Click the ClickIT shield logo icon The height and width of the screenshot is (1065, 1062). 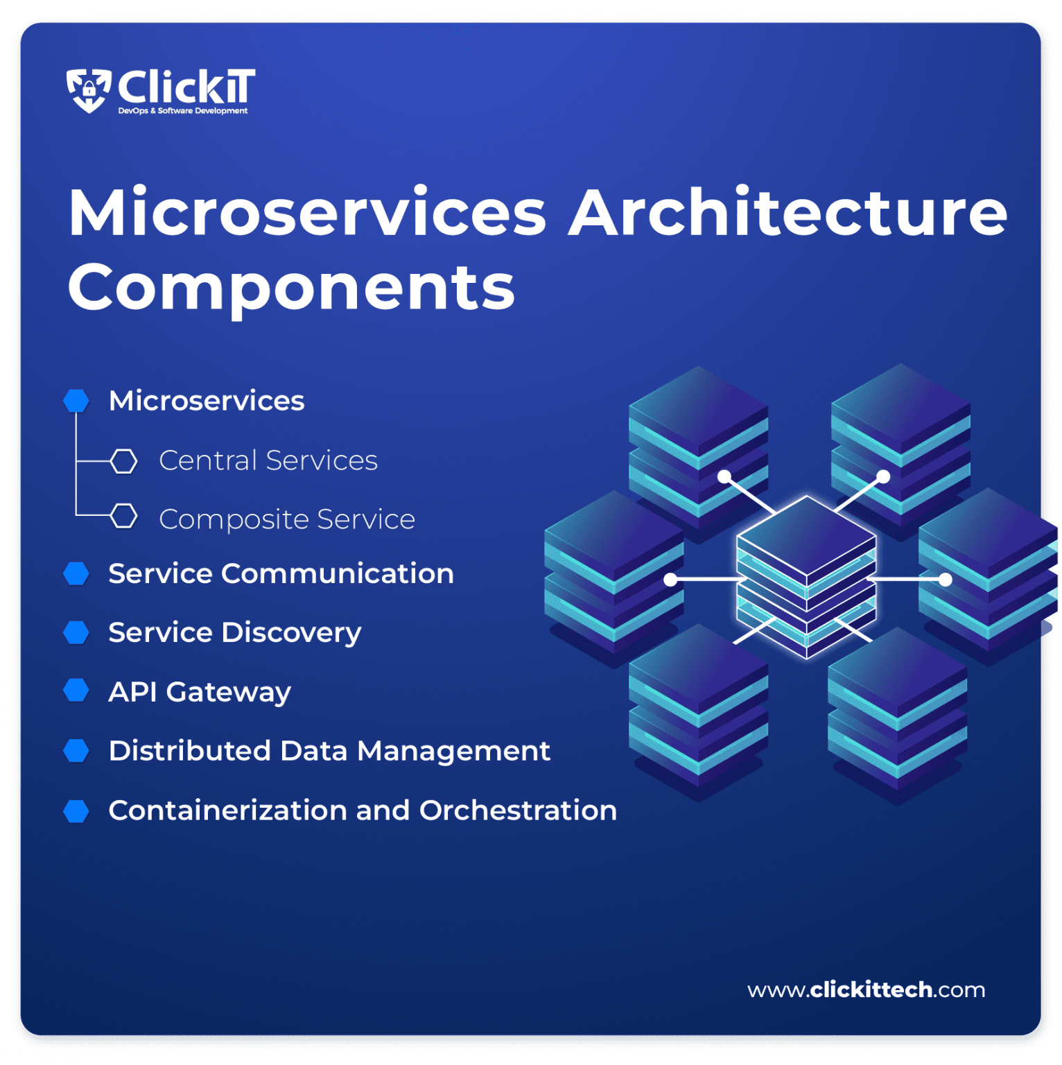click(89, 90)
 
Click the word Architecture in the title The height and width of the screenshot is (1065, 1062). click(787, 214)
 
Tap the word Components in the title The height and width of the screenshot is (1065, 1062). click(291, 288)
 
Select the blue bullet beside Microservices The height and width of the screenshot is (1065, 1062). click(76, 401)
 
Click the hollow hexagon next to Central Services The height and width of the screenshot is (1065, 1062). click(124, 461)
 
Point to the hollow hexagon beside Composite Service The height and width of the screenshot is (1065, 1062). click(124, 517)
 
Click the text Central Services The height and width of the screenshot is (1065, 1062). click(268, 461)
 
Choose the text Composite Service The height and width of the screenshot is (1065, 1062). click(287, 519)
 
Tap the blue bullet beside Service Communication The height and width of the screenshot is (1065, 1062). click(76, 574)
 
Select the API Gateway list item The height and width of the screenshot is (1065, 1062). click(200, 692)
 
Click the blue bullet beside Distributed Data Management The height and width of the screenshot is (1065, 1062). click(76, 751)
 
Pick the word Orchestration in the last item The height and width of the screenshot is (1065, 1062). click(518, 811)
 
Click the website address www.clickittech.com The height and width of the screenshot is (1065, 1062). click(866, 989)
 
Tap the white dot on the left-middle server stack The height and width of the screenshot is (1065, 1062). click(670, 579)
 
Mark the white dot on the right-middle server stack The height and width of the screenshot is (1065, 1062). click(945, 579)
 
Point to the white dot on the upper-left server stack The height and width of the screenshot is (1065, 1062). click(724, 476)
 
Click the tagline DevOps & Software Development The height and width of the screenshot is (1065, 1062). click(183, 111)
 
